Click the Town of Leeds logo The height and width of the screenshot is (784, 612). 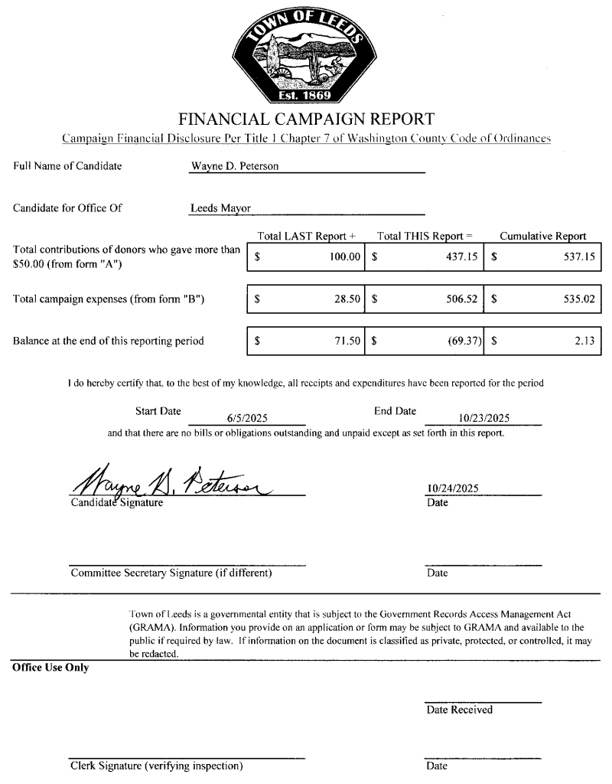[306, 54]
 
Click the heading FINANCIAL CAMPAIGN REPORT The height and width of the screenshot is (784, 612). [306, 119]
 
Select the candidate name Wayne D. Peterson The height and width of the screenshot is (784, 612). [234, 166]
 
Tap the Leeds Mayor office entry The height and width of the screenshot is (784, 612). [220, 207]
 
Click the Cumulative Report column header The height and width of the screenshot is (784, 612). [543, 237]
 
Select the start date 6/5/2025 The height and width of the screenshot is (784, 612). [247, 418]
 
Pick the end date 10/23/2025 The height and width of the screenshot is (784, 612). [484, 418]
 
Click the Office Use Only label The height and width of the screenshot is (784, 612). [50, 668]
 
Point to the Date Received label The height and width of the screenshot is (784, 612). [460, 710]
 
